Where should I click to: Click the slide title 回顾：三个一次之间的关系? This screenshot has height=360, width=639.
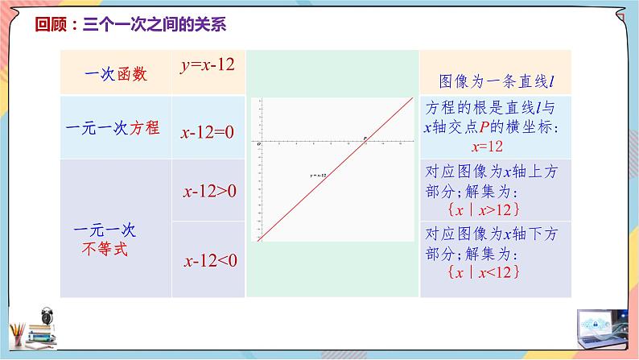pyautogui.click(x=130, y=24)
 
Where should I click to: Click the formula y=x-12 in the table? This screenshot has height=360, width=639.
pyautogui.click(x=207, y=64)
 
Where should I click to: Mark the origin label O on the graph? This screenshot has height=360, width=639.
pyautogui.click(x=259, y=144)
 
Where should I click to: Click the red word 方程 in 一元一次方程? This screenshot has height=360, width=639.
pyautogui.click(x=146, y=127)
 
